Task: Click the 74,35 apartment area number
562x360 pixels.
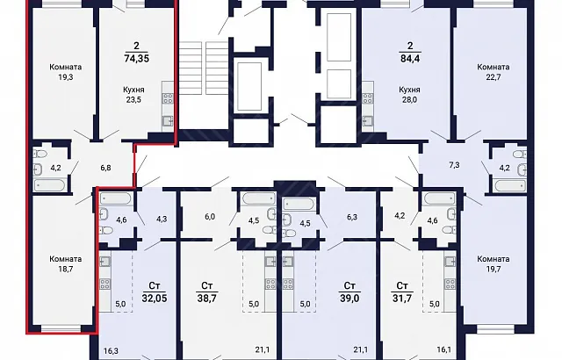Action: (136, 58)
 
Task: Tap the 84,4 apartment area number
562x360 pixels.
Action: (410, 58)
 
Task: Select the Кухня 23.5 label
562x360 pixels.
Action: (133, 95)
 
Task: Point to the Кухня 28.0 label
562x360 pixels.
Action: (409, 95)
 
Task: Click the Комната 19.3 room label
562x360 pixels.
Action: (66, 72)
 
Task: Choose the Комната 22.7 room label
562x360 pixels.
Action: (494, 72)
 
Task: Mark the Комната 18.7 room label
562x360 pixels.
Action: (66, 263)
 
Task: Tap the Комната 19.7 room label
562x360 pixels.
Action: (494, 263)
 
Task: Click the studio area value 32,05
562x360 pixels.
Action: (155, 298)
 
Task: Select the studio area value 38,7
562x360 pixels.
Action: (207, 298)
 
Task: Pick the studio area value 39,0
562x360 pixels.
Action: (349, 298)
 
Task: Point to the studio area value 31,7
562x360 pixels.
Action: (402, 298)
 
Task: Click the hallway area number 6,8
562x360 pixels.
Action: (105, 168)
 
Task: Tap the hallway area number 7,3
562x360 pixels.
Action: (454, 165)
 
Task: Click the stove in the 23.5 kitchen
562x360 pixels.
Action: (168, 98)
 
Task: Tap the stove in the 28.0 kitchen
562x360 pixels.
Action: (368, 98)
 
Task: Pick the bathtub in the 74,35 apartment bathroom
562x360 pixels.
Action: (50, 185)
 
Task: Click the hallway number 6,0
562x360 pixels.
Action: (210, 217)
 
